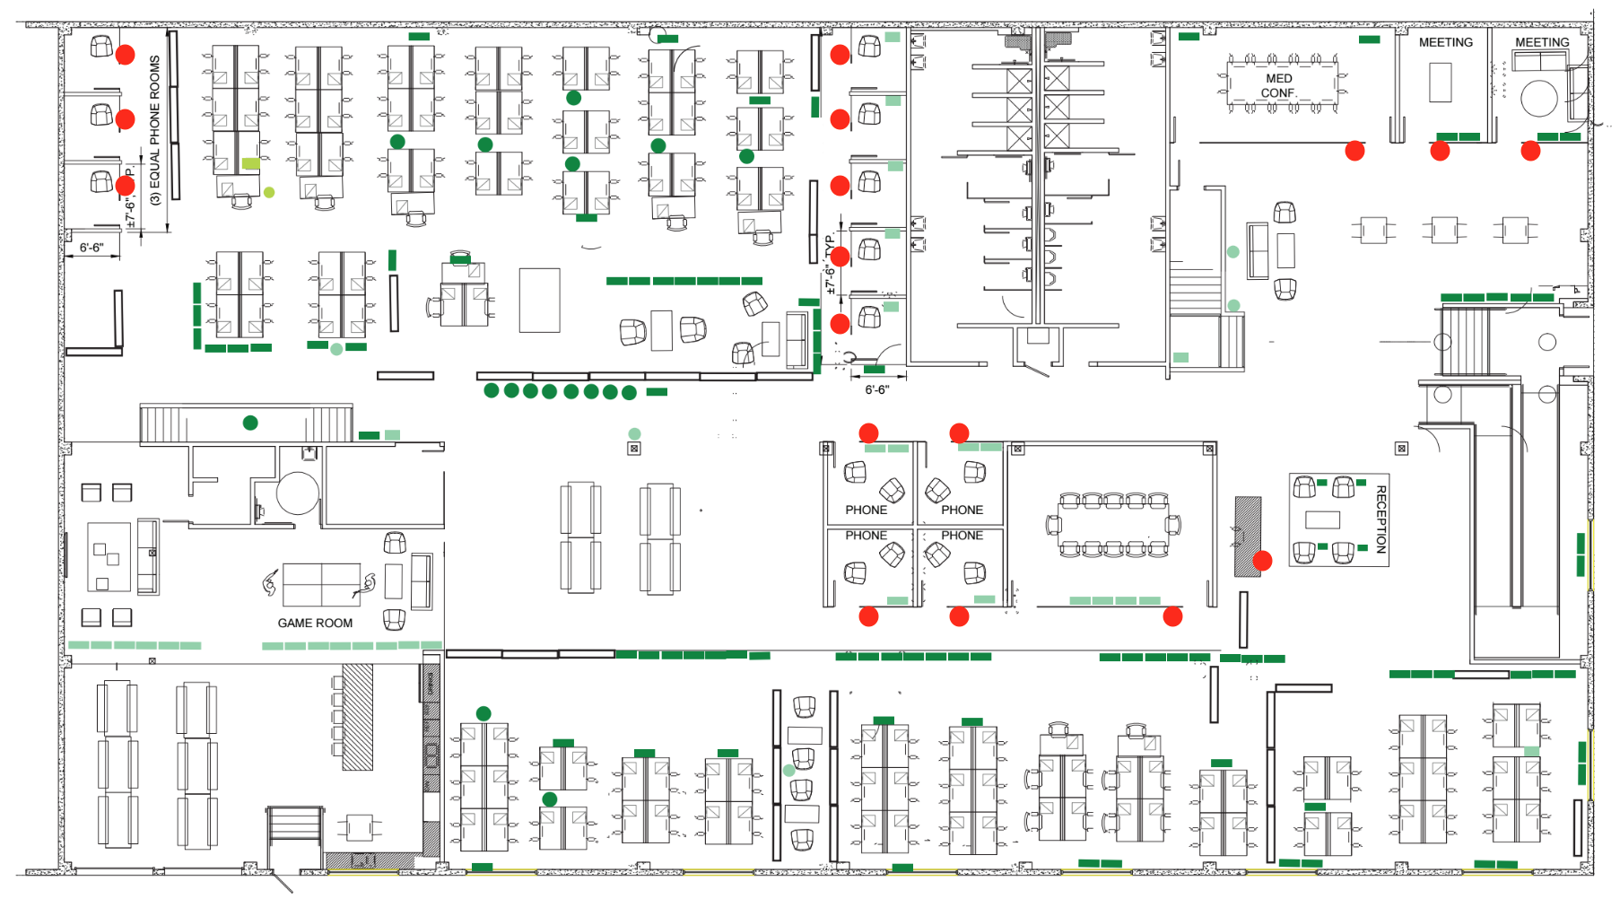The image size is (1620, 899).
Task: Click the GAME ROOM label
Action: tap(315, 623)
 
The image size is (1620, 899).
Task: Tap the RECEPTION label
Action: tap(1381, 519)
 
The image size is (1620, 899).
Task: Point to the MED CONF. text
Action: tap(1278, 86)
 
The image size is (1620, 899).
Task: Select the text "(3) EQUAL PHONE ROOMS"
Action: tap(155, 130)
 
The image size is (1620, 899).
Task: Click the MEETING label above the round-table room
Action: tap(1542, 42)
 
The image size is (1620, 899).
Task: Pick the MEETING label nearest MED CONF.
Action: tap(1445, 42)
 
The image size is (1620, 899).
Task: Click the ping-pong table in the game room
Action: tap(321, 585)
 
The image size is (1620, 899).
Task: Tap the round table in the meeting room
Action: tap(1538, 99)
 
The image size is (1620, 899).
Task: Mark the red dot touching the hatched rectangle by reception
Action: tap(1262, 561)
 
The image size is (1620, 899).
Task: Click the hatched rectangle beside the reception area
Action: tap(1247, 537)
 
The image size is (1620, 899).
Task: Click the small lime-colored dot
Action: tap(269, 192)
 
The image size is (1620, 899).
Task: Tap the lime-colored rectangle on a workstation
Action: tap(251, 163)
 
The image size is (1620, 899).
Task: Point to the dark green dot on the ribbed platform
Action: tap(250, 423)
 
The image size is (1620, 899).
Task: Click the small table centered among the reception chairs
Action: tap(1322, 519)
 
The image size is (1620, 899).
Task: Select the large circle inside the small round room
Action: tap(297, 493)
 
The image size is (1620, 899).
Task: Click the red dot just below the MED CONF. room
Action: tap(1354, 151)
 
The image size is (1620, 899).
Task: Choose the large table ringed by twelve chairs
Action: tap(1112, 525)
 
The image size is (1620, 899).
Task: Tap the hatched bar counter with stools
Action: tap(357, 717)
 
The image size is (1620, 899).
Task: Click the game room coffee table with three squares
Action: tap(109, 557)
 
